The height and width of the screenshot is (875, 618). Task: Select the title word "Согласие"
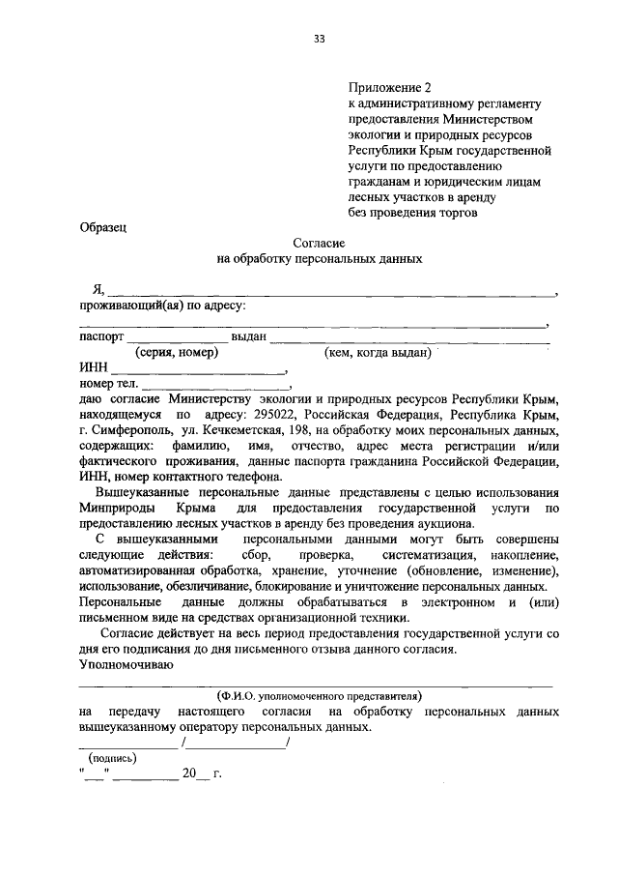[x=319, y=243]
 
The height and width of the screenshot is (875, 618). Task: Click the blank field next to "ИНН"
[x=199, y=369]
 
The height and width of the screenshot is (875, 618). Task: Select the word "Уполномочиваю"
[x=126, y=663]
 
